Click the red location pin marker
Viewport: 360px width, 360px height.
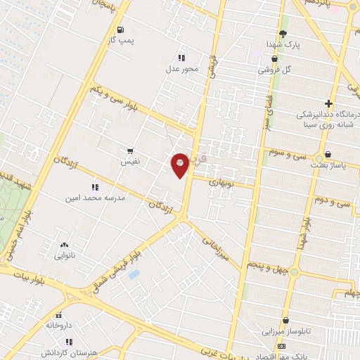pos(180,165)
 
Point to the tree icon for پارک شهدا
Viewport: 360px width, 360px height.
pos(283,33)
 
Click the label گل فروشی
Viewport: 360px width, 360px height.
pos(274,70)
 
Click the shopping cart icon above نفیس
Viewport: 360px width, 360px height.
pos(129,150)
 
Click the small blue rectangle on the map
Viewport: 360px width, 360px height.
pos(134,274)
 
